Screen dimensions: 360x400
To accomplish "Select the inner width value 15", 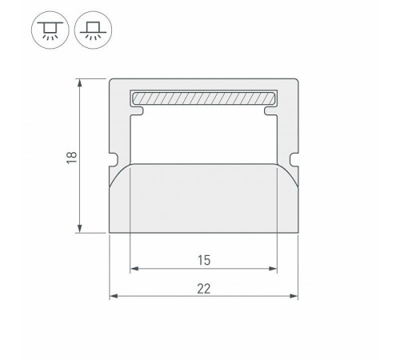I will [x=202, y=260].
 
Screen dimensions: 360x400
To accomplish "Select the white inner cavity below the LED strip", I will [x=202, y=136].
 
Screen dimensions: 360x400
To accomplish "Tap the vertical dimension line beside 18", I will [x=81, y=192].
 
